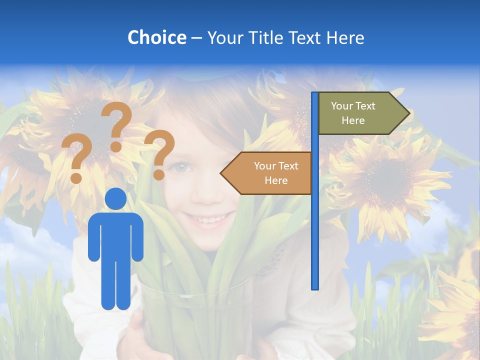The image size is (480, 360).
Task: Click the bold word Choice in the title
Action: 156,37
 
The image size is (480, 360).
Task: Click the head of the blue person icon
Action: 116,199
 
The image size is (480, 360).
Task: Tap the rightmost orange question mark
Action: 160,153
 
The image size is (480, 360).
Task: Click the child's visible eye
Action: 181,168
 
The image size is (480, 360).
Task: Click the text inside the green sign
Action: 353,113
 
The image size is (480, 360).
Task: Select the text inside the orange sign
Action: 276,173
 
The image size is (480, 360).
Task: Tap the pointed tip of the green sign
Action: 408,113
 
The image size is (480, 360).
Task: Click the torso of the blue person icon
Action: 116,235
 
